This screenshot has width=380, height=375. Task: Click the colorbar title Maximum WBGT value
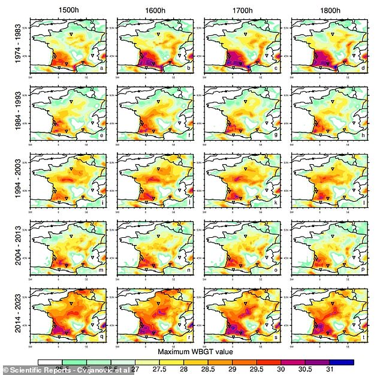point(195,351)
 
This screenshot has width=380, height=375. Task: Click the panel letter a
point(102,67)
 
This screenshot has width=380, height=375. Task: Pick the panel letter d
point(364,67)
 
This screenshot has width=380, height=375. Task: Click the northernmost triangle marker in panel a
point(71,35)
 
